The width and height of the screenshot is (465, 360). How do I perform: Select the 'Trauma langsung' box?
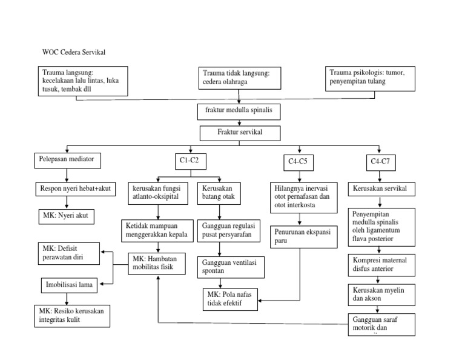coord(81,81)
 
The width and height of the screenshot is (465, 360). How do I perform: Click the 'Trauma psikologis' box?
coord(370,77)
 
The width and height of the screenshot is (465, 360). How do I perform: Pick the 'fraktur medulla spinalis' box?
coord(239,112)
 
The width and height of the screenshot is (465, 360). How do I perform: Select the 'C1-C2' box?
coord(191,161)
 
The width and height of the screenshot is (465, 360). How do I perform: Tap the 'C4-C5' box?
coord(297,162)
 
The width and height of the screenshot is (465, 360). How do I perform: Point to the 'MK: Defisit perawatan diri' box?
coord(67,253)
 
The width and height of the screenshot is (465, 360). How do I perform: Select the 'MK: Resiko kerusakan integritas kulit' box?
coord(72,316)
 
